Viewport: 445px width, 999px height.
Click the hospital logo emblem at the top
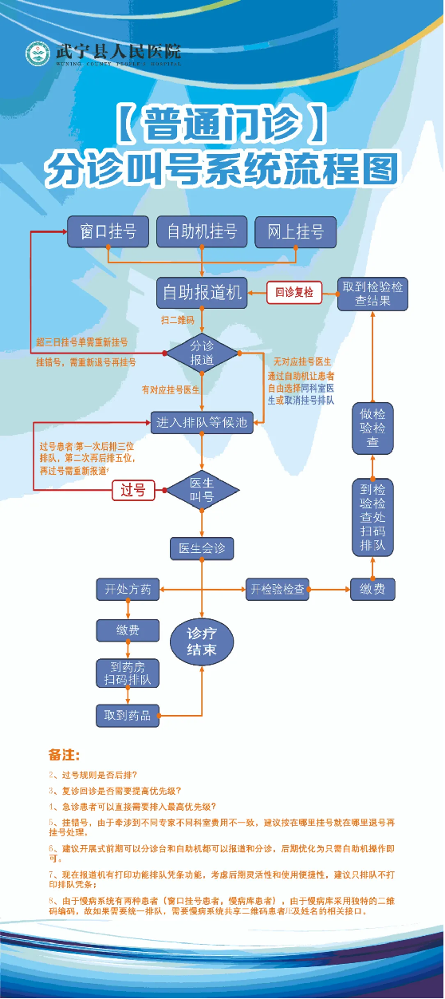(37, 54)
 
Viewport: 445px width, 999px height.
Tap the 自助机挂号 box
(202, 231)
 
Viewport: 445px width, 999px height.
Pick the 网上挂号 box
(296, 231)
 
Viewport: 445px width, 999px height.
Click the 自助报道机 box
(202, 292)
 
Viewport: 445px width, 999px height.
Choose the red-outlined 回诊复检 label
(294, 293)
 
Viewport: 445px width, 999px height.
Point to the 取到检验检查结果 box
(372, 294)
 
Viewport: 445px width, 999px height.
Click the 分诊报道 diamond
(202, 353)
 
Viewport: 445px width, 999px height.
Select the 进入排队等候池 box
(203, 423)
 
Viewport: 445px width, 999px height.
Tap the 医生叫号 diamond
(202, 490)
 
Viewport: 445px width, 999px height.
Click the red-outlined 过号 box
(133, 490)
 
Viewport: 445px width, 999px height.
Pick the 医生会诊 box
(202, 548)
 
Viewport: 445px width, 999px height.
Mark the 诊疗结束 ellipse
(202, 640)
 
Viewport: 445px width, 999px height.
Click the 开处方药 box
(128, 590)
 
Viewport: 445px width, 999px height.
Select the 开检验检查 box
(277, 590)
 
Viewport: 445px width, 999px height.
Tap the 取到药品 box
(128, 715)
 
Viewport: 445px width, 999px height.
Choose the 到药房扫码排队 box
(128, 673)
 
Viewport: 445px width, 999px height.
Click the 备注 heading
(64, 754)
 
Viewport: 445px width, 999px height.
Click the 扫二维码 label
(177, 320)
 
